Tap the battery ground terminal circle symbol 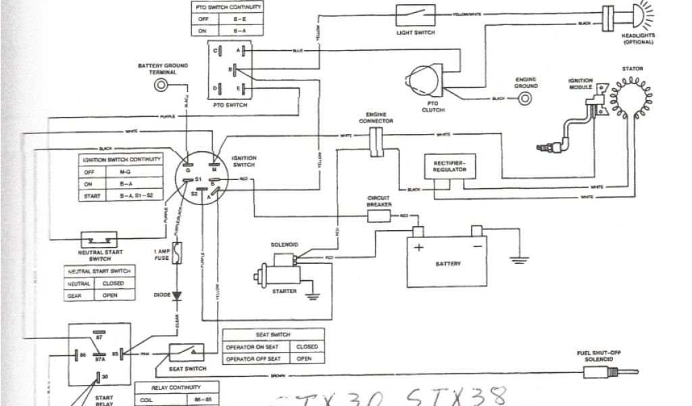(162, 85)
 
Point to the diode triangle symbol (177, 296)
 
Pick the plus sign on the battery (419, 247)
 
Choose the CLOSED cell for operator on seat (307, 346)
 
